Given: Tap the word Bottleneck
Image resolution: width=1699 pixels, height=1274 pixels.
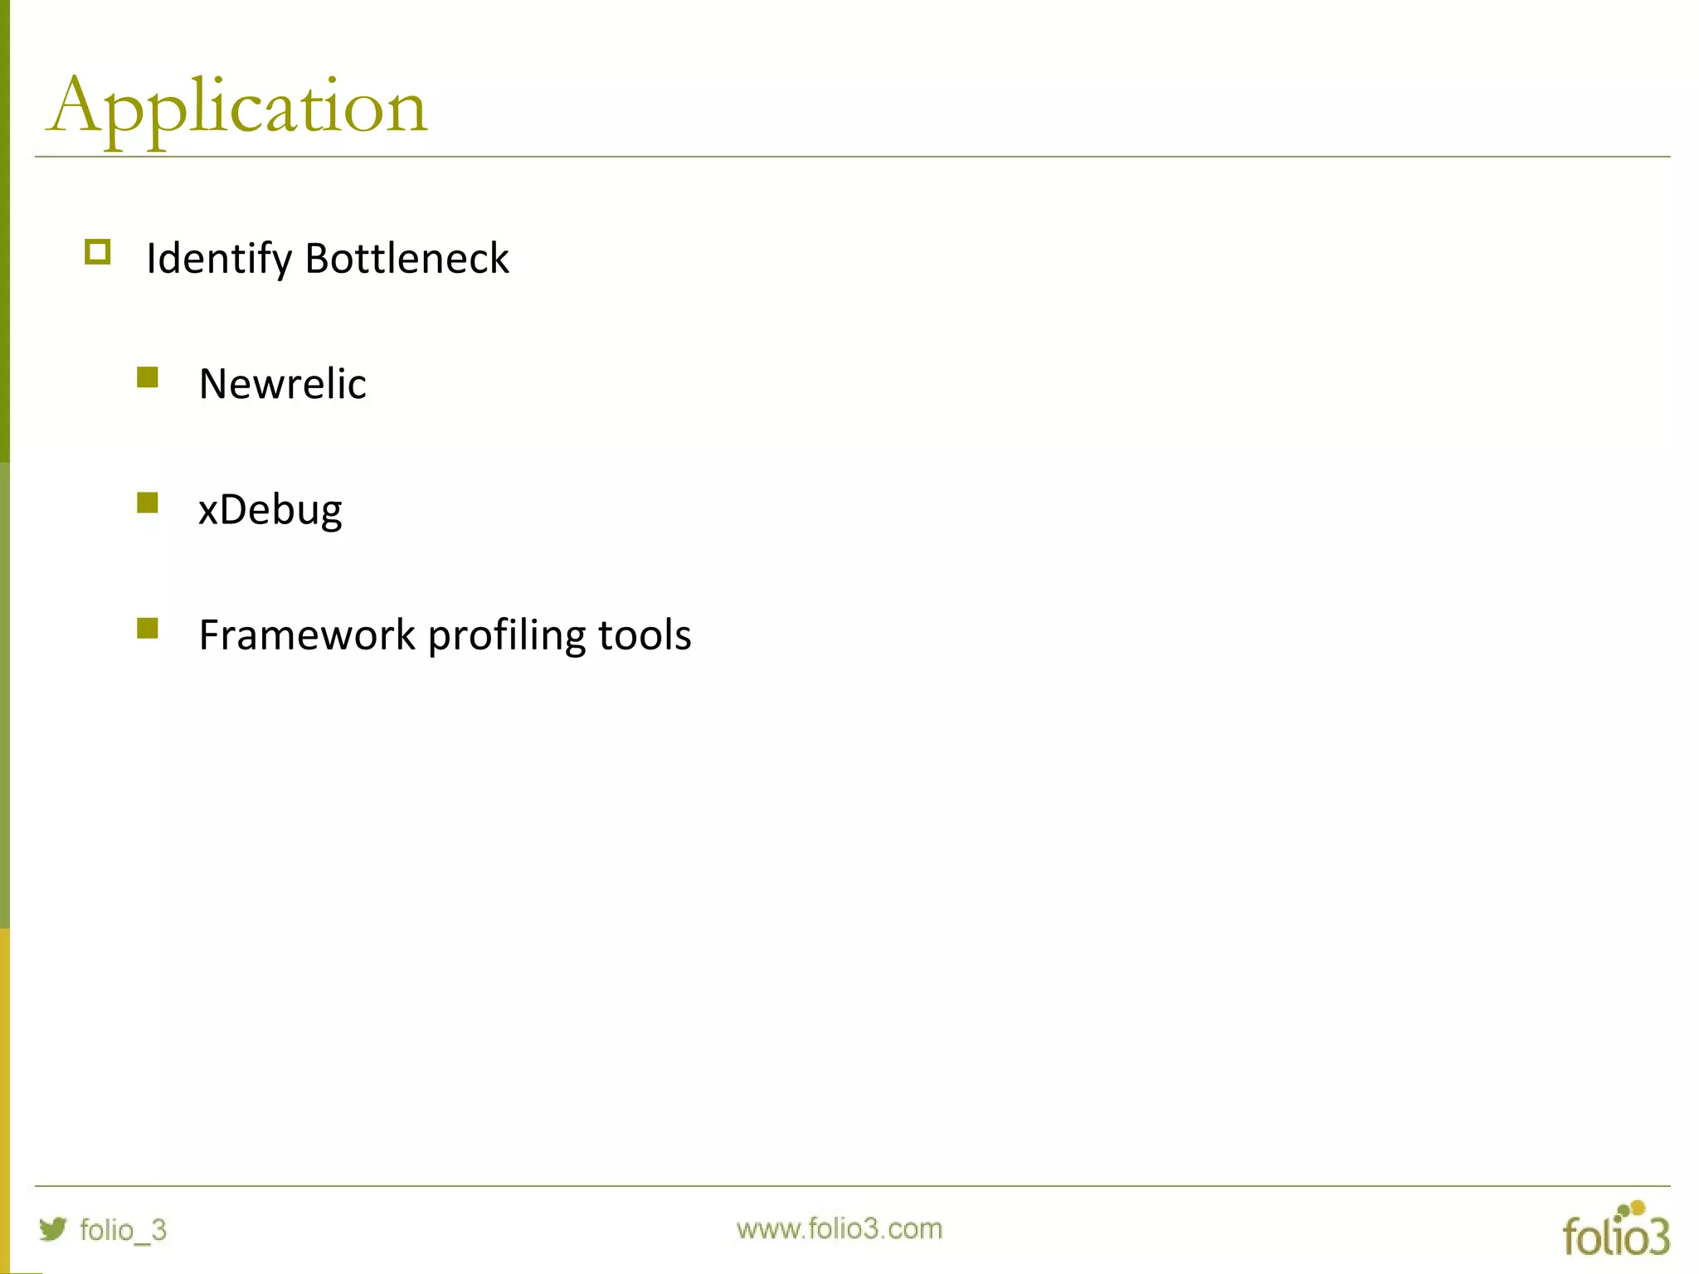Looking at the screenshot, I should [x=406, y=258].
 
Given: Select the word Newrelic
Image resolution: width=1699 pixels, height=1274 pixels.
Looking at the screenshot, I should [x=282, y=384].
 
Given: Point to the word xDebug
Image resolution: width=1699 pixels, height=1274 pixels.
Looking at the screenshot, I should [x=270, y=510].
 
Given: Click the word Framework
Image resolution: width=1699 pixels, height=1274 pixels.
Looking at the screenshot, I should [x=307, y=635].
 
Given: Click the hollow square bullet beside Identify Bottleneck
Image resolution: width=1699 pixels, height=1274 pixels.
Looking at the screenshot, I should [x=98, y=252].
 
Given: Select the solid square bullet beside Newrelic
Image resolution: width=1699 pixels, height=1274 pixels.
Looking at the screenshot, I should [x=148, y=378].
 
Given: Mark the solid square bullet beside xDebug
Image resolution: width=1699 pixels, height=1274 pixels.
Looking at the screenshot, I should [x=148, y=503].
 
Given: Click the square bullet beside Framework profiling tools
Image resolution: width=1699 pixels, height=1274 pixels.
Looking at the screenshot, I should [x=148, y=629].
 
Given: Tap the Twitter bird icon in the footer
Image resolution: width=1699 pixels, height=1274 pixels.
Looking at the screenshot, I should [x=53, y=1228].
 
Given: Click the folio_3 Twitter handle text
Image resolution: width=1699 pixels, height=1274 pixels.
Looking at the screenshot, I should [x=123, y=1230].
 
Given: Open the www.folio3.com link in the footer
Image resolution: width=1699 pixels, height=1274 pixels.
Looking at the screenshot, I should [x=839, y=1228].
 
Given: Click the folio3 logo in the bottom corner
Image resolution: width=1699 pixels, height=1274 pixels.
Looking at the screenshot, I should [x=1616, y=1230].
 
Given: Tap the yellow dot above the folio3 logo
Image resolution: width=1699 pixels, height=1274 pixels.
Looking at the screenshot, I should [x=1637, y=1208].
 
